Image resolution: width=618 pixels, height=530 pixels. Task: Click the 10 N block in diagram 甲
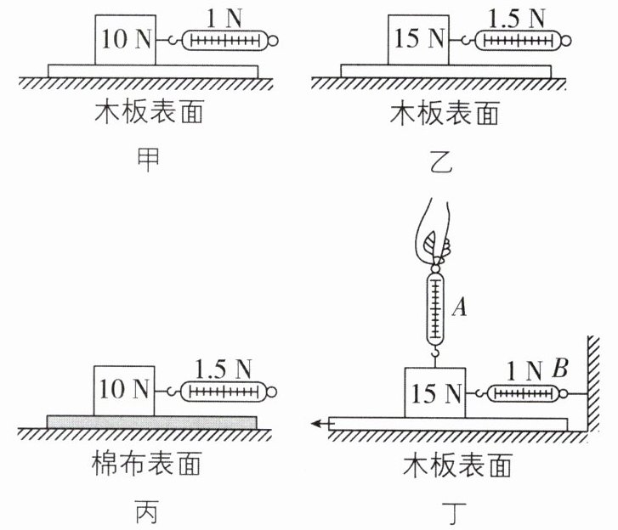coord(125,40)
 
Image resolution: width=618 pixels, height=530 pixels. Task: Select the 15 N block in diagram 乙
coord(418,40)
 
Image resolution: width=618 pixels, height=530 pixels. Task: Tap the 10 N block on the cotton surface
coord(124,391)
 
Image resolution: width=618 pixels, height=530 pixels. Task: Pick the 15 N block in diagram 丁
coord(435,392)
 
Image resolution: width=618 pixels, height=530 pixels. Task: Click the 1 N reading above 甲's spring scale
coord(224,19)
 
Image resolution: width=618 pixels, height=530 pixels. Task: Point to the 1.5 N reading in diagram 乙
coord(516,19)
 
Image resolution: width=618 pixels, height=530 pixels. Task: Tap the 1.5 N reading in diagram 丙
coord(223,369)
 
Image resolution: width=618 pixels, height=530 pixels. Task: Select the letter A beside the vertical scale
coord(460,307)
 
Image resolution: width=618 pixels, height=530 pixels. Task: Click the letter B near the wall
coord(560,369)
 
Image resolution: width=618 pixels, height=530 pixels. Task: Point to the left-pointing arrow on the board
coord(321,424)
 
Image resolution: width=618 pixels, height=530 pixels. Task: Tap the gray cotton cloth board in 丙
coord(152,422)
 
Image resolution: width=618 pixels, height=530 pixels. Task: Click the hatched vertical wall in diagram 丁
coord(593,384)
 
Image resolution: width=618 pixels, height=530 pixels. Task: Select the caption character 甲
coord(148,160)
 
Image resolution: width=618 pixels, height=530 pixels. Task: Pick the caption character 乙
coord(440,162)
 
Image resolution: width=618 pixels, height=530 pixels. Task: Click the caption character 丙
coord(147,511)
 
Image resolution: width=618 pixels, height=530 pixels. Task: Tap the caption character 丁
coord(455,512)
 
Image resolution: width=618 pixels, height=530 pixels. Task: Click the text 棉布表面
coord(146,463)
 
